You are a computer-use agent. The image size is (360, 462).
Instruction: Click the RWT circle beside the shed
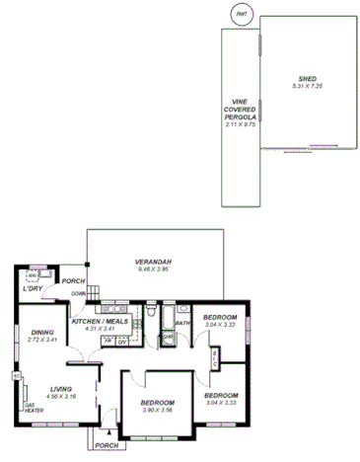pos(242,15)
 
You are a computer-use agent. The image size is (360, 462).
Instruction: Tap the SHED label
pos(307,79)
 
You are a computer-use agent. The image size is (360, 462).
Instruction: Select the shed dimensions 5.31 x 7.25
pos(307,87)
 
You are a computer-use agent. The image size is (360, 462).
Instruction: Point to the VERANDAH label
pos(155,262)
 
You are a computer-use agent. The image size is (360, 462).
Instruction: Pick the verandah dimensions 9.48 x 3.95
pos(155,269)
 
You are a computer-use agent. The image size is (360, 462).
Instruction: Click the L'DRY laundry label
pos(33,289)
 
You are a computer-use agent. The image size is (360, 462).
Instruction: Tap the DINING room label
pos(42,333)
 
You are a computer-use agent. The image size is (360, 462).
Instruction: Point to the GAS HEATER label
pos(31,409)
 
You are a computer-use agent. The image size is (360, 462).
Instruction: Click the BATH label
pos(182,323)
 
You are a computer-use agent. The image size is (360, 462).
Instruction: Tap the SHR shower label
pos(169,338)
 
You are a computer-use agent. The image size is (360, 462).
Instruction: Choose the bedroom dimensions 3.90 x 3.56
pos(158,411)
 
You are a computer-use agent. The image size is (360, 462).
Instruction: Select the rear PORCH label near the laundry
pos(73,281)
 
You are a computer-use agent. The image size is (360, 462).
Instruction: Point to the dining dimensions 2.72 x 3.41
pos(42,340)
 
